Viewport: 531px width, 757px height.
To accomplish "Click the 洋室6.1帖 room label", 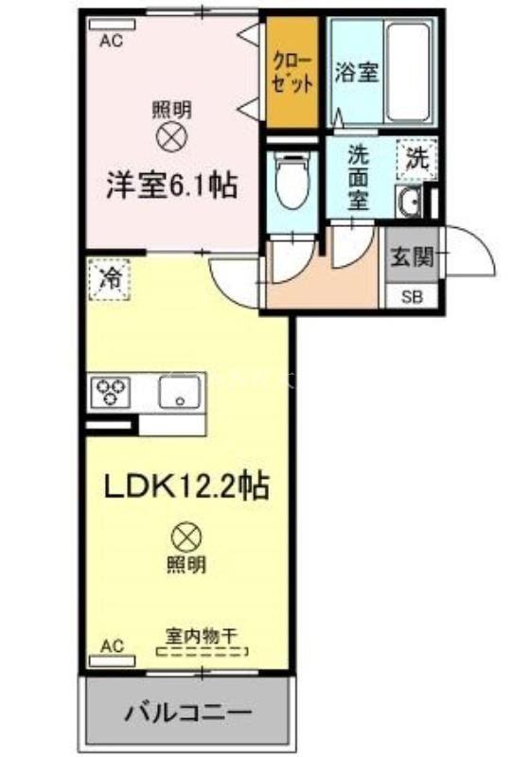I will (x=170, y=185).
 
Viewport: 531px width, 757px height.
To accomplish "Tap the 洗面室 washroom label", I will (x=357, y=176).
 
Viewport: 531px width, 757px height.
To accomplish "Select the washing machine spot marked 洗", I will (x=416, y=158).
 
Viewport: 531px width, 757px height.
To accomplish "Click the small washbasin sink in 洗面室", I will (x=410, y=202).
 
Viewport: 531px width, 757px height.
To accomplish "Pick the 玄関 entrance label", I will (x=414, y=254).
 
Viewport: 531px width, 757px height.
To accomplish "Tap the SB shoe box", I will (x=414, y=296).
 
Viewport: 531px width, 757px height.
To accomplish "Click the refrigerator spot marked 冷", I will (x=111, y=278).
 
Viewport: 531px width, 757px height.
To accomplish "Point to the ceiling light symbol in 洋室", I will (x=171, y=138).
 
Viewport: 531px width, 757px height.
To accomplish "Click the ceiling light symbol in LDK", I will (x=186, y=538).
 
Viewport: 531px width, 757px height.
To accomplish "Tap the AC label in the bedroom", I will (x=112, y=41).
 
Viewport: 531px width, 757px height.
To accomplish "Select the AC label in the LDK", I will (x=112, y=647).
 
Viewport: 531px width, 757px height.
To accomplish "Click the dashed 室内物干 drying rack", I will (x=202, y=651).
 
